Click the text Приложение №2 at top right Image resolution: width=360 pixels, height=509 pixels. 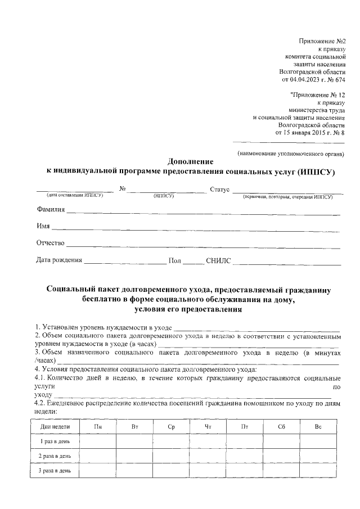click(321, 41)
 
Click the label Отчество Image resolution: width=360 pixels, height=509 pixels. click(51, 244)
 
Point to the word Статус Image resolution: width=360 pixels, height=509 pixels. click(219, 190)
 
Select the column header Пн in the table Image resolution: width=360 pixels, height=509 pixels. click(98, 427)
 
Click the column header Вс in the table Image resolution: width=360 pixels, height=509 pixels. click(318, 427)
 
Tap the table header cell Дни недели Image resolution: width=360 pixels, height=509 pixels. click(55, 427)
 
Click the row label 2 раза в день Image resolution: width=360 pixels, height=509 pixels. click(55, 456)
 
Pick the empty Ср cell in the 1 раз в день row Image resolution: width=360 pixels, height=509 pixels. click(171, 442)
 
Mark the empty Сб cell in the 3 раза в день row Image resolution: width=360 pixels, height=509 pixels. click(281, 470)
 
